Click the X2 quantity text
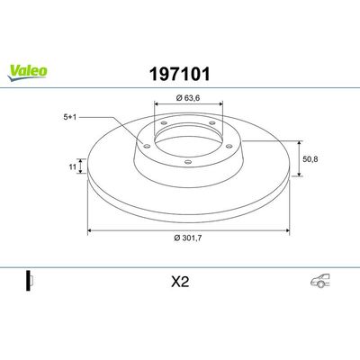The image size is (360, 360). click(x=180, y=279)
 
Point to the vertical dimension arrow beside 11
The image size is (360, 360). click(x=83, y=167)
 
